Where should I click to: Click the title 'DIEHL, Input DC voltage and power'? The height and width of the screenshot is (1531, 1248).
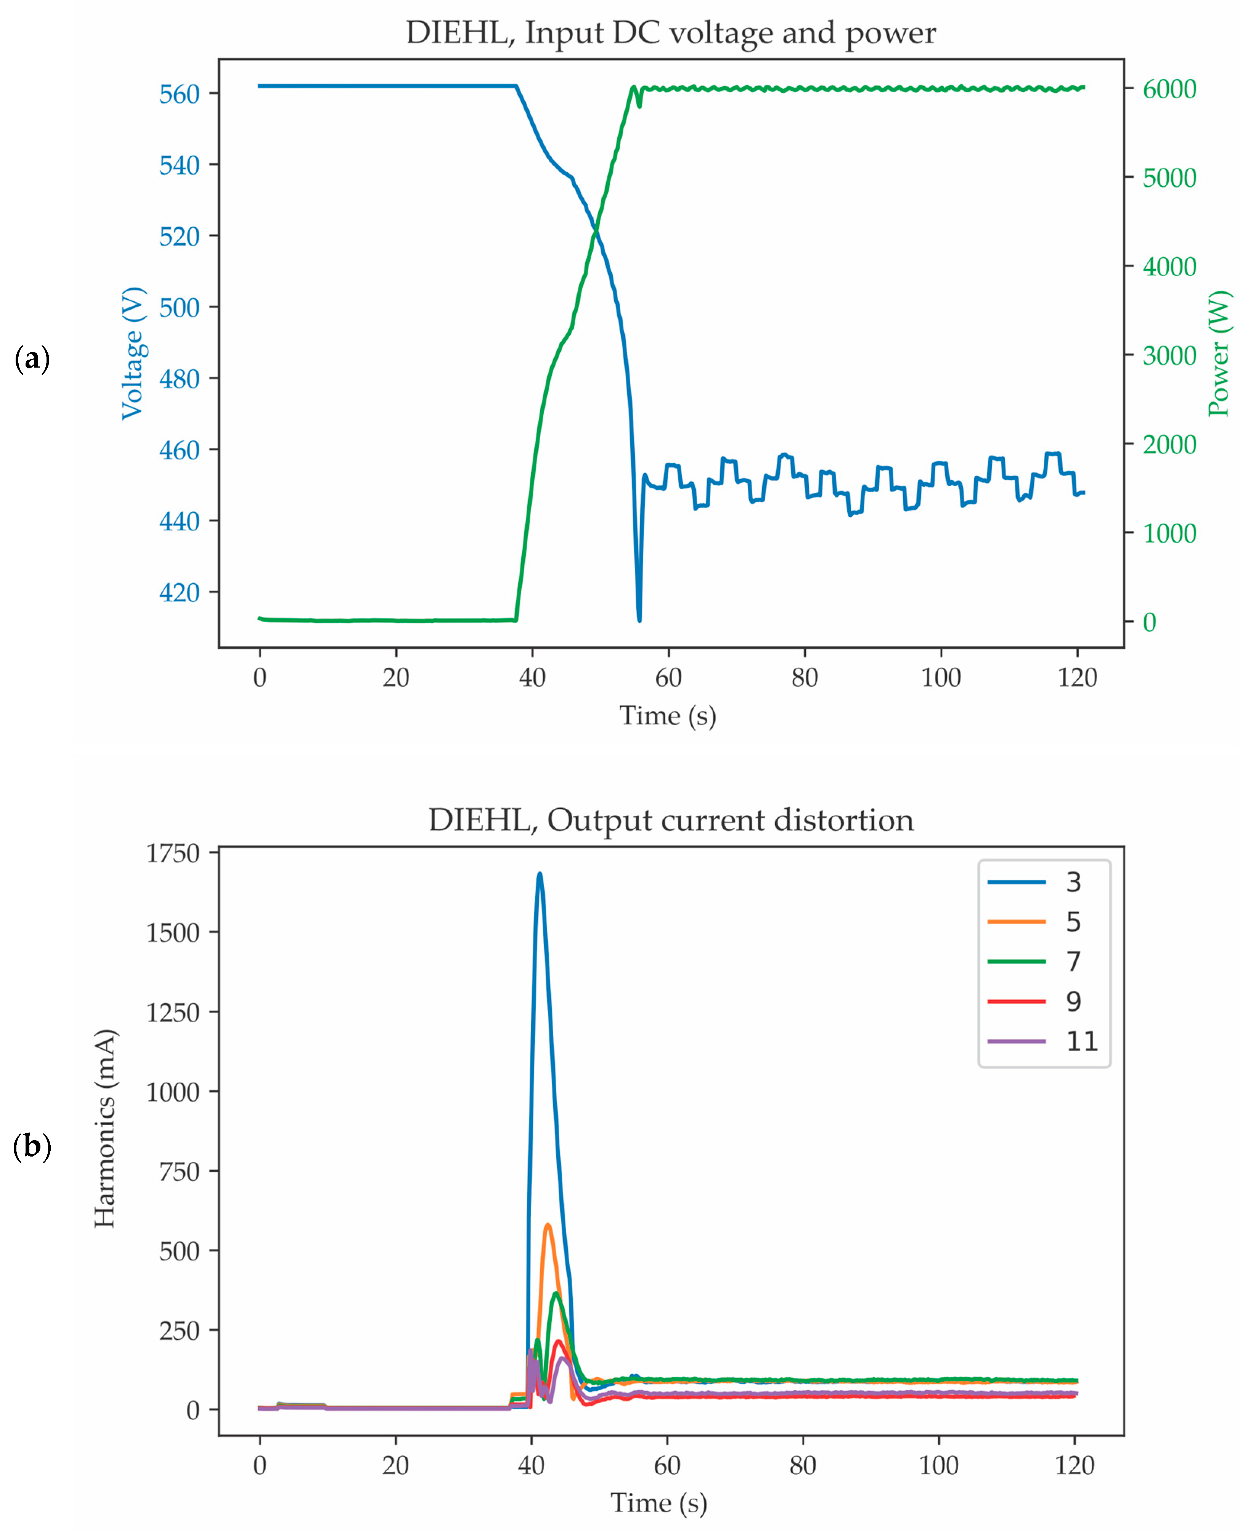tap(671, 33)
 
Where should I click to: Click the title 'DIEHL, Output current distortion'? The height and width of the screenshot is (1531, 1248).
tap(671, 820)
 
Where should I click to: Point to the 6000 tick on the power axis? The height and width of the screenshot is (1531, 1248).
tap(1169, 89)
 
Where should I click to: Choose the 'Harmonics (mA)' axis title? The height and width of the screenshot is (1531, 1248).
tap(105, 1128)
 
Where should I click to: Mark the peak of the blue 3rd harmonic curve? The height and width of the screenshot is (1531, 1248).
tap(539, 874)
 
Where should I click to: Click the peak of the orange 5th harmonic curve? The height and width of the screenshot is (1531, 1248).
tap(548, 1224)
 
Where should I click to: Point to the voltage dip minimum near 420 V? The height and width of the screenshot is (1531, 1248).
tap(639, 620)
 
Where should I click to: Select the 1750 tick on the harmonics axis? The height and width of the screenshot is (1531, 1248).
tap(173, 853)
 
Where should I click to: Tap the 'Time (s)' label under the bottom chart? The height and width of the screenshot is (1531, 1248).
tap(659, 1502)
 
